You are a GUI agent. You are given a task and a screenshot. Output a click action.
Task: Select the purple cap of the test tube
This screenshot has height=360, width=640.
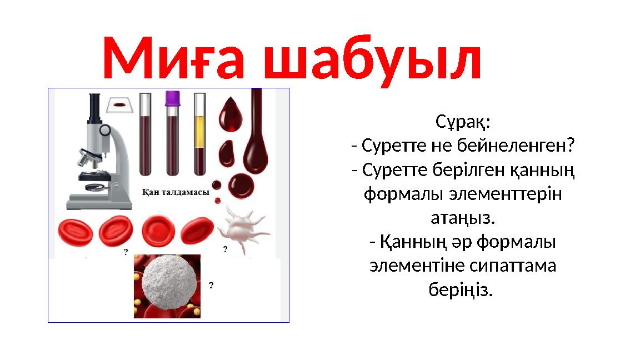pyautogui.click(x=173, y=98)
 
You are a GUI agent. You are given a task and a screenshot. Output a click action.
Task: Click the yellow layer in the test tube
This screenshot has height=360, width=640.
pyautogui.click(x=199, y=131)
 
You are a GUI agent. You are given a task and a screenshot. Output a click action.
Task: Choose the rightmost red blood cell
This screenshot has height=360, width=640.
pyautogui.click(x=198, y=231)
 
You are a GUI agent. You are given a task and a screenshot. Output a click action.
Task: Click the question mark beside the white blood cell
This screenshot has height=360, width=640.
pyautogui.click(x=211, y=286)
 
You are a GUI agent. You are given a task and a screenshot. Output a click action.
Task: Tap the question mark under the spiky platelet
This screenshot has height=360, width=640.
pyautogui.click(x=225, y=249)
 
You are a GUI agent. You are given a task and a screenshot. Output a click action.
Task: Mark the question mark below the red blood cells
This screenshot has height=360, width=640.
pyautogui.click(x=126, y=252)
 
